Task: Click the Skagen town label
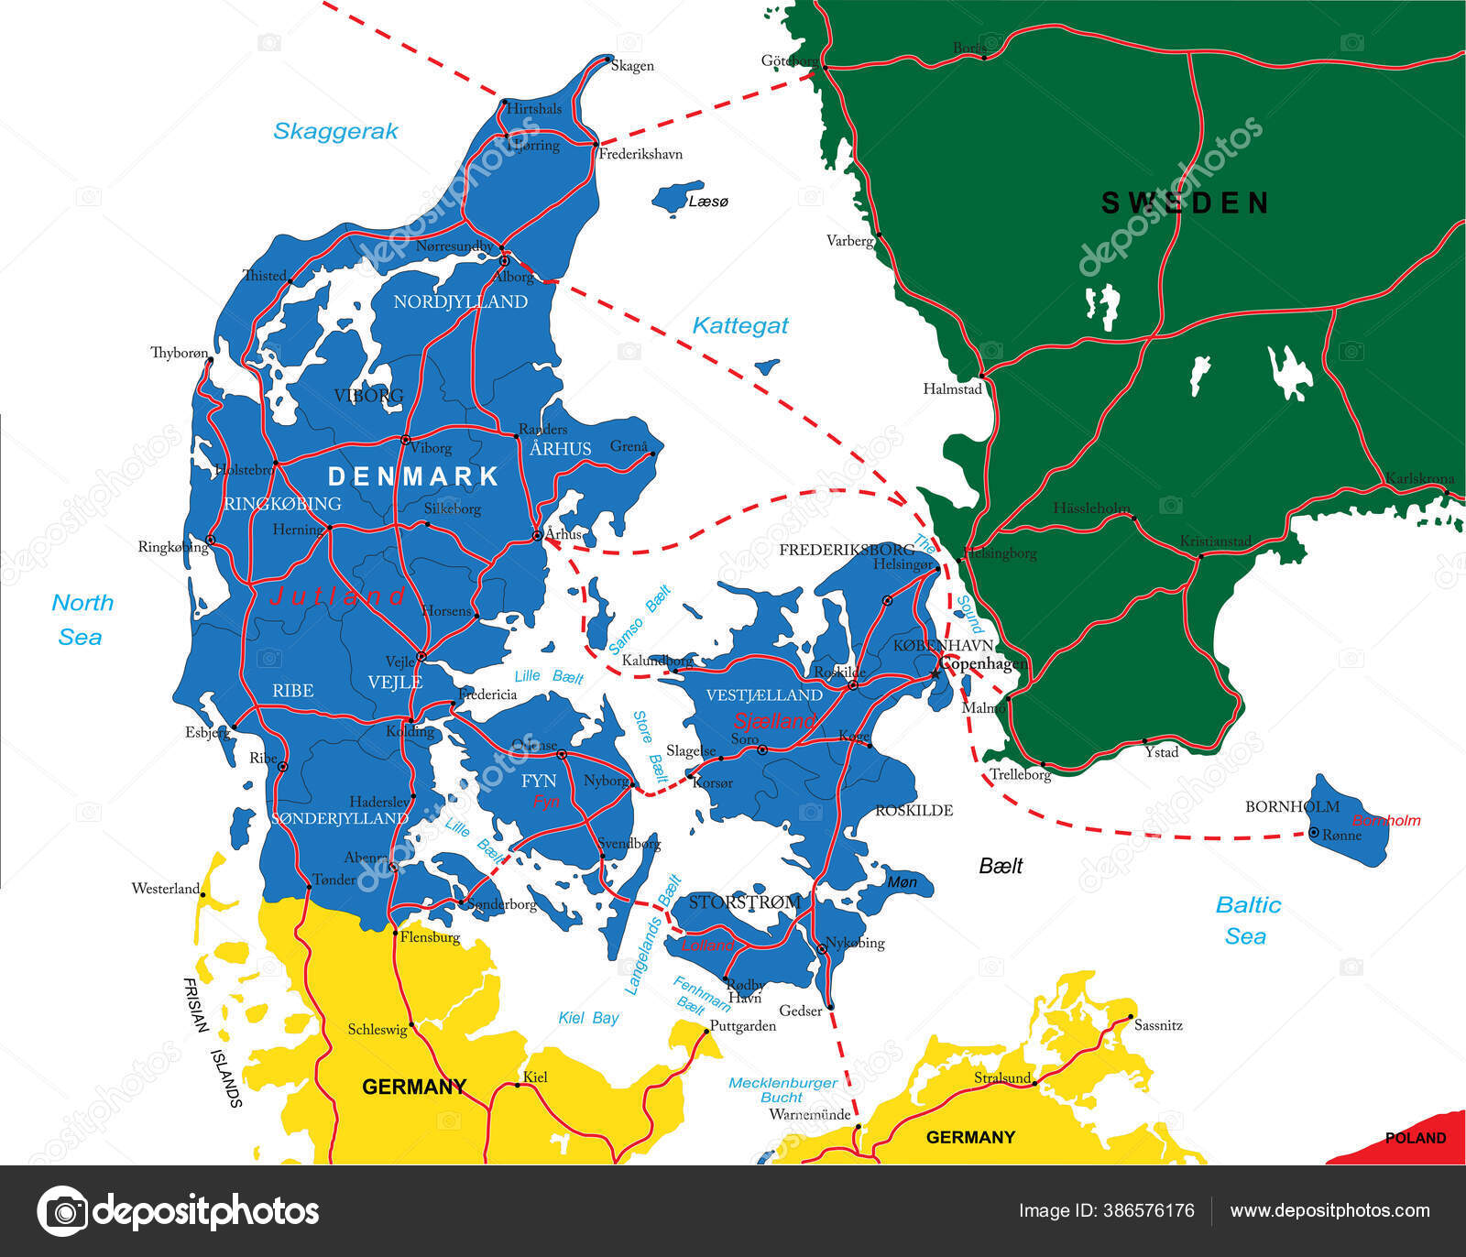[x=632, y=66]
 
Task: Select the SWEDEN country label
[x=1185, y=203]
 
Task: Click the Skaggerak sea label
[x=335, y=131]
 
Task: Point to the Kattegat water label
[x=740, y=325]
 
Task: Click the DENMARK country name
[x=413, y=476]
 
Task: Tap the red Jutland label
[x=338, y=596]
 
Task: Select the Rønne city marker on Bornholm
[x=1314, y=833]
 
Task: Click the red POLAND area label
[x=1415, y=1138]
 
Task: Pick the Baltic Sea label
[x=1247, y=920]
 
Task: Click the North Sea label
[x=82, y=619]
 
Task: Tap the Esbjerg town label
[x=207, y=732]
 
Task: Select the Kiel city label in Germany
[x=535, y=1077]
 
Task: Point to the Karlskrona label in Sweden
[x=1419, y=478]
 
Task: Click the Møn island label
[x=902, y=882]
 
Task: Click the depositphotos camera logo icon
[x=62, y=1211]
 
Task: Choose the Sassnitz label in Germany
[x=1158, y=1025]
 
